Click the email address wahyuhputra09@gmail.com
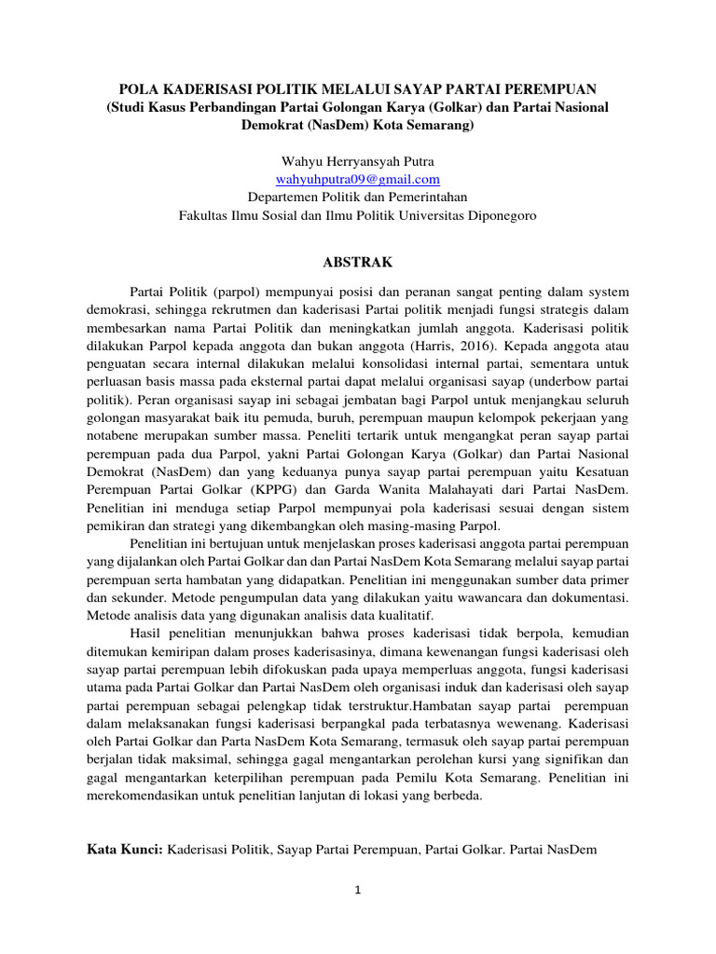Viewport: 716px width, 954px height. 358,179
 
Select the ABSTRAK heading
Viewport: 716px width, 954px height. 358,262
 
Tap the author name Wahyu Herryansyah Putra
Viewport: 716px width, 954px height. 358,161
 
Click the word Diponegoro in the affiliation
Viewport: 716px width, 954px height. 499,214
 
